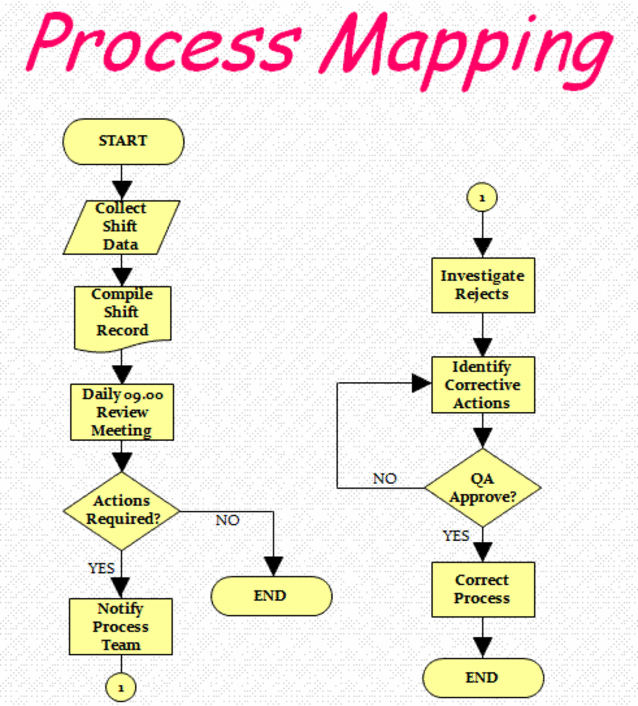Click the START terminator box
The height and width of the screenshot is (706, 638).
coord(123,141)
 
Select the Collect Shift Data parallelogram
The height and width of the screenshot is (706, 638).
coord(121,227)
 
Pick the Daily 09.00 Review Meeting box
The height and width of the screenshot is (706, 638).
coord(122,412)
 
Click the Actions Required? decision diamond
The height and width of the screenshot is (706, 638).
coord(122,511)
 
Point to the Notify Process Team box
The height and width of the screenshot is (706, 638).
coord(121,627)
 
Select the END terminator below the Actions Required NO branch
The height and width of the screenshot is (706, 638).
coord(271,596)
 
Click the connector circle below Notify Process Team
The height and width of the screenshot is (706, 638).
coord(121,687)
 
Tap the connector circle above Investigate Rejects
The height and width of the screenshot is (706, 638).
coord(482,198)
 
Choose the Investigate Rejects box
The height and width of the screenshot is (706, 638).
coord(483,285)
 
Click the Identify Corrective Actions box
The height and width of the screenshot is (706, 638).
coord(483,385)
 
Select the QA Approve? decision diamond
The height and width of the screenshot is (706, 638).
coord(483,488)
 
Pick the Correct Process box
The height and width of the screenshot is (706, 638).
coord(483,590)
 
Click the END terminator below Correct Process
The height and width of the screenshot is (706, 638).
coord(483,678)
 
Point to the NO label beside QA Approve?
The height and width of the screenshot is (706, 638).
coord(385,479)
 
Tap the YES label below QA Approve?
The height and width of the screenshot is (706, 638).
coord(456,536)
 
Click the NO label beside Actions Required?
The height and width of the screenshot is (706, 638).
coord(228,520)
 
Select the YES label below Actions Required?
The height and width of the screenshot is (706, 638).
coord(101,568)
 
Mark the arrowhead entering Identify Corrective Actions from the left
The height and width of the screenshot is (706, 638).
coord(422,384)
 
